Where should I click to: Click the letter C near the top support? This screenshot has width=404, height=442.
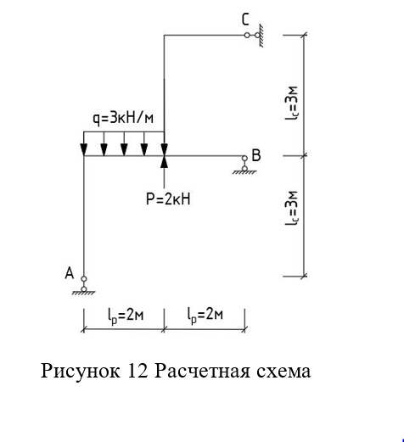tap(245, 20)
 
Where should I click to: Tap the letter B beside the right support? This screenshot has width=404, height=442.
tap(256, 155)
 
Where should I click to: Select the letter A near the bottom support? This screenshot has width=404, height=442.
tap(70, 273)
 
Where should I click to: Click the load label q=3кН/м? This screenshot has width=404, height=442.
tap(123, 118)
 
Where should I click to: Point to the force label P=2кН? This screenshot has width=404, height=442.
tap(168, 199)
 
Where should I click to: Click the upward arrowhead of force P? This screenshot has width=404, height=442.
tap(165, 162)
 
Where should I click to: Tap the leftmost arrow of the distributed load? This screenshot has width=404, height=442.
tap(84, 143)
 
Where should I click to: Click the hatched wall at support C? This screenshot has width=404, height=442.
tap(261, 36)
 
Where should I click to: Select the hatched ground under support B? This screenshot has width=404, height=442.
tap(244, 172)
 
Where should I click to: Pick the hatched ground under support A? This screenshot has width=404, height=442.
tap(83, 293)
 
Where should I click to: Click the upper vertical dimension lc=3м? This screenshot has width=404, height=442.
tap(291, 103)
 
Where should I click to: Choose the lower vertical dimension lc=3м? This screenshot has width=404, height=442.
tap(291, 209)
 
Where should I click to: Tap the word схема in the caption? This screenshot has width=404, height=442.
tap(283, 372)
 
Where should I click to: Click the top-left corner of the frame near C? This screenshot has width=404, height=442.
tap(164, 35)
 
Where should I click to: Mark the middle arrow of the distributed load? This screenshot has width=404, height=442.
tap(124, 143)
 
